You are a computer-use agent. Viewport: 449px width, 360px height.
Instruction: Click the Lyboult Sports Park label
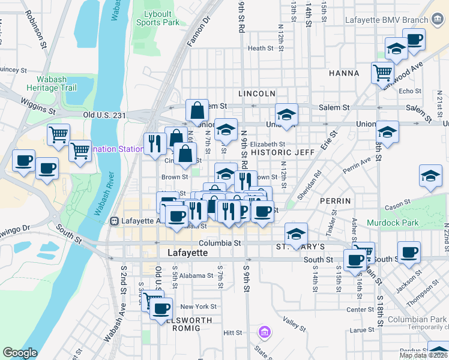(157, 17)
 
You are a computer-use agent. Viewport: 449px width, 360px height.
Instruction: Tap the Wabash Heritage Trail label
(52, 83)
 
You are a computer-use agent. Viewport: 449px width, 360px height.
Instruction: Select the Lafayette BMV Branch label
(386, 20)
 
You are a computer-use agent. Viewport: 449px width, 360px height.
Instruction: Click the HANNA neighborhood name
(344, 73)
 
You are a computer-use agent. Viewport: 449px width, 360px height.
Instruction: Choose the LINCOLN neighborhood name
(256, 94)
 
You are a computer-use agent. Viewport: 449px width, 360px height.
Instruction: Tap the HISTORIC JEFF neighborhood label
(283, 152)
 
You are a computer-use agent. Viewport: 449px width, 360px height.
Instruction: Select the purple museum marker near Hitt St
(264, 331)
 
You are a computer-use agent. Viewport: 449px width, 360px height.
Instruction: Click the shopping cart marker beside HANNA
(382, 73)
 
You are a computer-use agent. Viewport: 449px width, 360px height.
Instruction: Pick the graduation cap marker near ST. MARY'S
(296, 233)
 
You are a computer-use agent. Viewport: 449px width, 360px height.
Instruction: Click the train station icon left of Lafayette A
(113, 221)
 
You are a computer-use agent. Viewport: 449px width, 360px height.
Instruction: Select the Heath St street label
(261, 49)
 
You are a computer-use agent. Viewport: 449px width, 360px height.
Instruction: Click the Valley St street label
(295, 324)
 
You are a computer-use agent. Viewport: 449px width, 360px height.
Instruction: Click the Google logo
(20, 353)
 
